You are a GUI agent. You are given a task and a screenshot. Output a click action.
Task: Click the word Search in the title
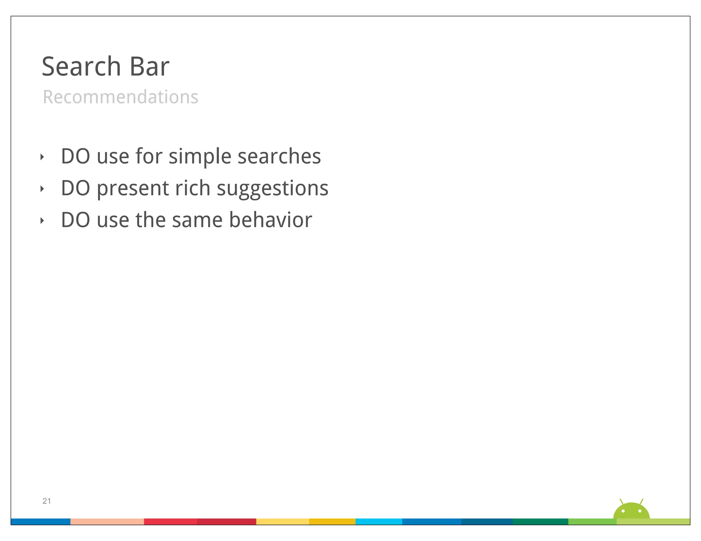[81, 66]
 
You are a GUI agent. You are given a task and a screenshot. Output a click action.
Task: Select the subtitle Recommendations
[120, 97]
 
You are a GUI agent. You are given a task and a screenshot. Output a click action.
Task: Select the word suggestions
[272, 189]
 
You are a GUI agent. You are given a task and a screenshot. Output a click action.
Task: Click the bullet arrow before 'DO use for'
[42, 157]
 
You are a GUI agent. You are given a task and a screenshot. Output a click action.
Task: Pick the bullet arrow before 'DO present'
[42, 189]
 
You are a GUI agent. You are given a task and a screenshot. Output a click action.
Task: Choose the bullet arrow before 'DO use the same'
[42, 221]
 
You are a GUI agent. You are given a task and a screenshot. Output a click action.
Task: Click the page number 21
[47, 501]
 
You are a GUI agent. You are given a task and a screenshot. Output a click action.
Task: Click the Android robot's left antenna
[621, 502]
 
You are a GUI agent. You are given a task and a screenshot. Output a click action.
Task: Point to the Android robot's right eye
[640, 511]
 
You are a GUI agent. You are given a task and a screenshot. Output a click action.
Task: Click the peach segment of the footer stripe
[107, 522]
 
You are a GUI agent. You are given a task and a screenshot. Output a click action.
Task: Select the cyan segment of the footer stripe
[379, 522]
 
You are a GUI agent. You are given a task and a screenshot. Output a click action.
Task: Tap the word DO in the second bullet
[75, 188]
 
